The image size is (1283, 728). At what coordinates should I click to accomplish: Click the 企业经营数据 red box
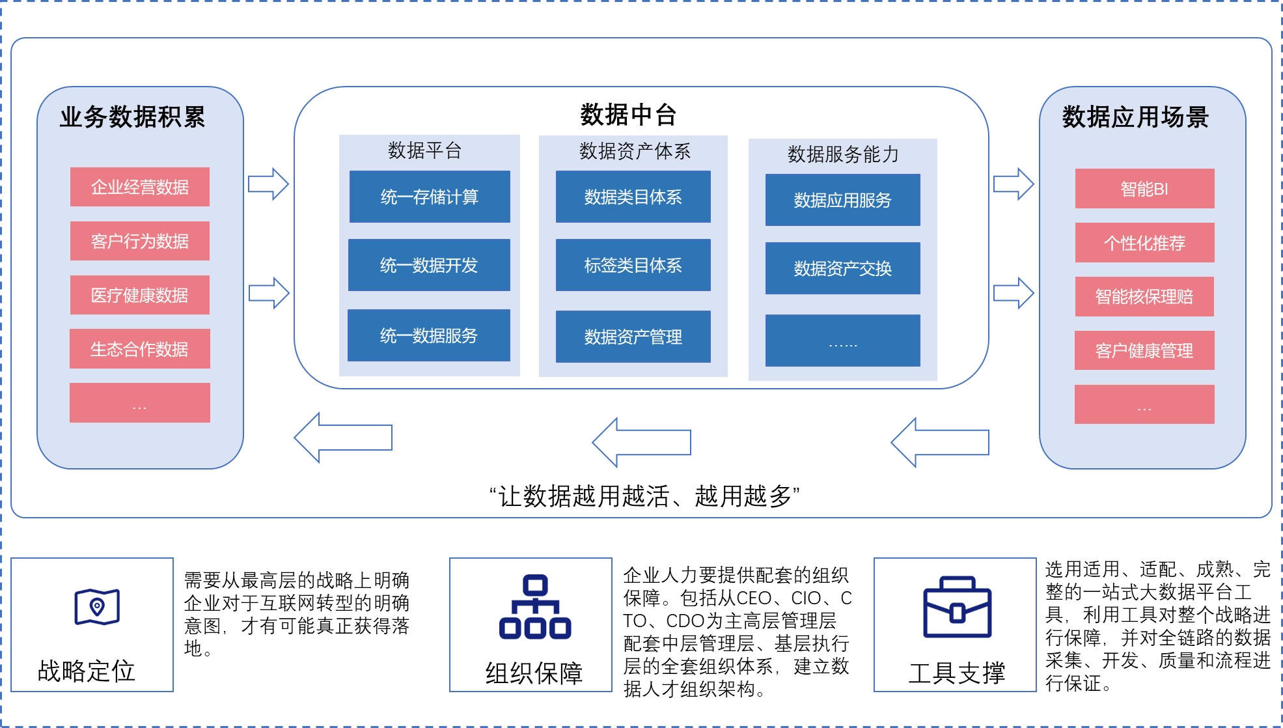(x=140, y=187)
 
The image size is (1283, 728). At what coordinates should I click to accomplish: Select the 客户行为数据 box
(x=140, y=241)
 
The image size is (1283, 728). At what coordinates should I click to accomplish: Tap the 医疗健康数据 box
(x=140, y=295)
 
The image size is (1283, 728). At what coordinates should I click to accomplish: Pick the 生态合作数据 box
(x=140, y=349)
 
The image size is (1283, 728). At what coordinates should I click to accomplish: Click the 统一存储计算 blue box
(x=430, y=197)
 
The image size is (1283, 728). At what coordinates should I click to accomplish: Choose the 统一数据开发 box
(x=429, y=265)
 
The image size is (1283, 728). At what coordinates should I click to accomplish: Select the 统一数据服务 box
(x=429, y=335)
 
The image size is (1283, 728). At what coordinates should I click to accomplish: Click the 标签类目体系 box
(x=633, y=265)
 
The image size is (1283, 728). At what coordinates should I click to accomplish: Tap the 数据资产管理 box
(x=633, y=337)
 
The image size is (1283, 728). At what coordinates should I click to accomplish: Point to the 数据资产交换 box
(x=843, y=268)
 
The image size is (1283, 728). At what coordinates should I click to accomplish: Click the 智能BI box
(x=1145, y=189)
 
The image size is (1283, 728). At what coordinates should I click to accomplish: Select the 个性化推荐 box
(x=1145, y=243)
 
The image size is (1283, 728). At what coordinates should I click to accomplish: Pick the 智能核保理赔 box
(x=1145, y=297)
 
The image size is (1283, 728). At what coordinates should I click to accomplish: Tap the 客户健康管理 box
(x=1144, y=350)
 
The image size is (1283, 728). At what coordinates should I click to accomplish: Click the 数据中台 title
(x=628, y=115)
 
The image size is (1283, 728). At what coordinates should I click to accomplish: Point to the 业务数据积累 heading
(x=133, y=117)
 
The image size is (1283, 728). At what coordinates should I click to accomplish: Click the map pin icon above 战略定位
(x=97, y=607)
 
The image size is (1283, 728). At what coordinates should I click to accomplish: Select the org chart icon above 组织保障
(x=535, y=607)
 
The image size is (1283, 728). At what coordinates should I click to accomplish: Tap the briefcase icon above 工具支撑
(x=958, y=607)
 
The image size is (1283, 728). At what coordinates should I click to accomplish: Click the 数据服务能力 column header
(x=844, y=154)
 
